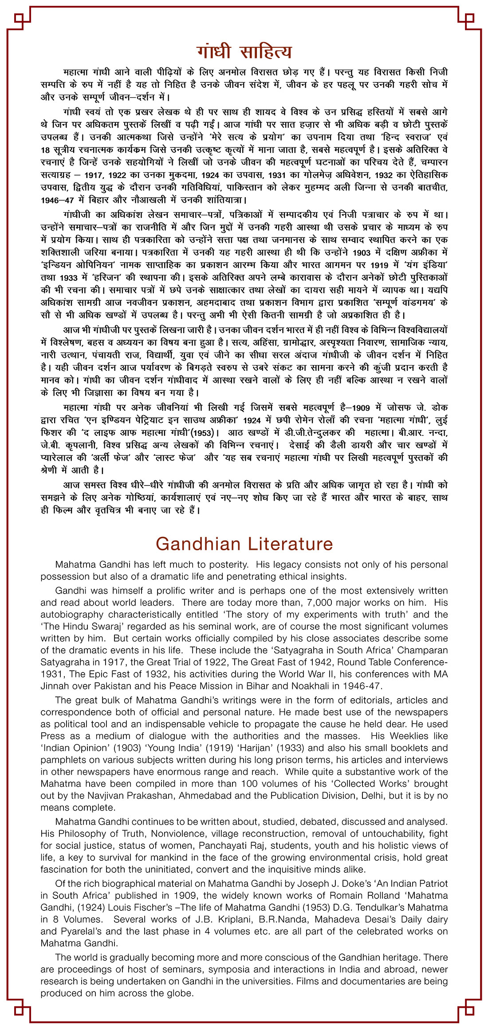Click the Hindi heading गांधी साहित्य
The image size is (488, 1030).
(244, 51)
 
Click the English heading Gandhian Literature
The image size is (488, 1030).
(244, 544)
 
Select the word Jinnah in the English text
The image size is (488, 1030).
(54, 686)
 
